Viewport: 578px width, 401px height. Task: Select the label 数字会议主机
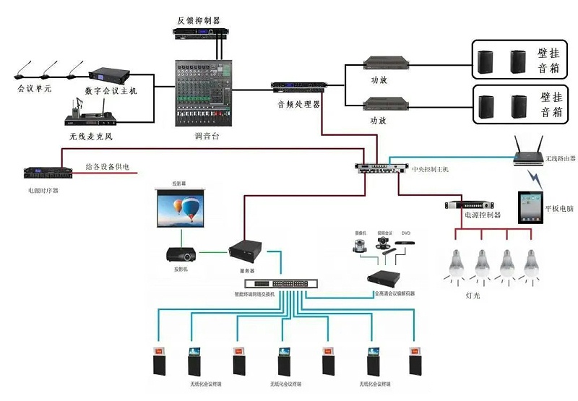pos(111,92)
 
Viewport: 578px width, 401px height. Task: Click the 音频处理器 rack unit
pos(297,88)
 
